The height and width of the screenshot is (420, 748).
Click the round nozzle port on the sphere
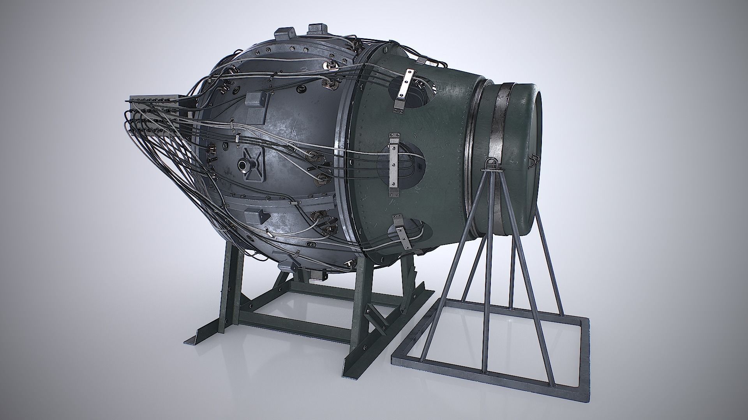(244, 166)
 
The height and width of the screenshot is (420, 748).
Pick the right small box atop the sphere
(318, 30)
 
